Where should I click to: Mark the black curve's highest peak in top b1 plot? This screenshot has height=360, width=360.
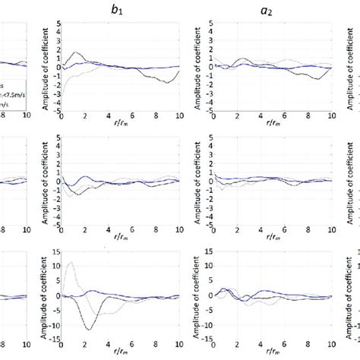coord(77,52)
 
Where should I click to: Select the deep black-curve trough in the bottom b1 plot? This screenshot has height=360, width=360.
coord(90,329)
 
